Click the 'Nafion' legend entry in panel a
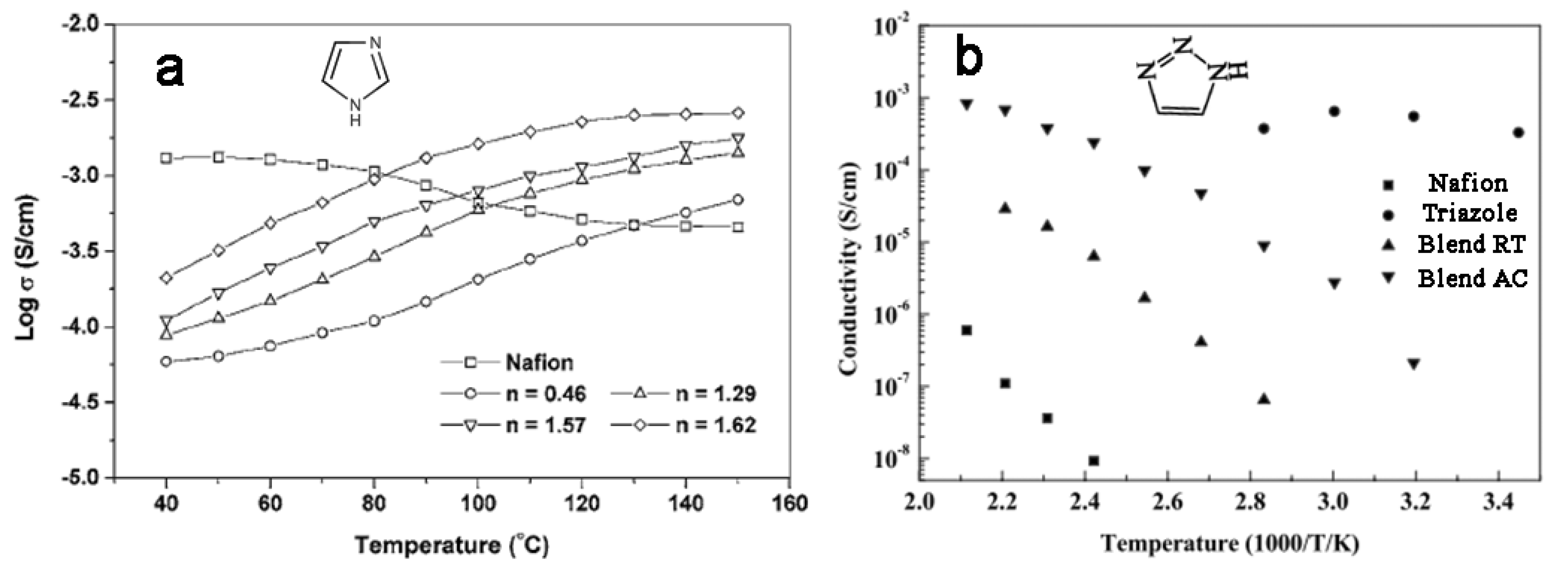pyautogui.click(x=539, y=362)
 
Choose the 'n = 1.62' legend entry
pyautogui.click(x=715, y=425)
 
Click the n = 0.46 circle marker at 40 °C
pyautogui.click(x=167, y=361)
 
